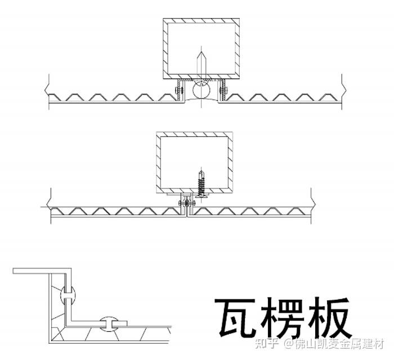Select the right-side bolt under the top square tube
(222, 89)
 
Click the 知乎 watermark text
(268, 343)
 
